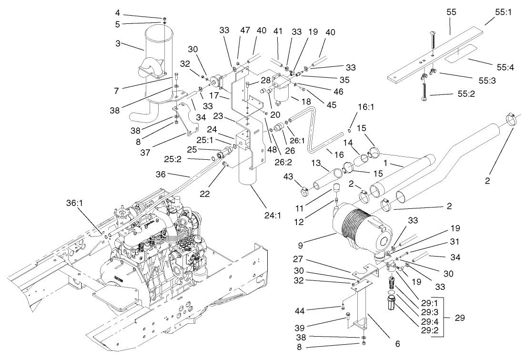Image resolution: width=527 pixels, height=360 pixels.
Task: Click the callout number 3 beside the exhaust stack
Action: [x=118, y=43]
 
